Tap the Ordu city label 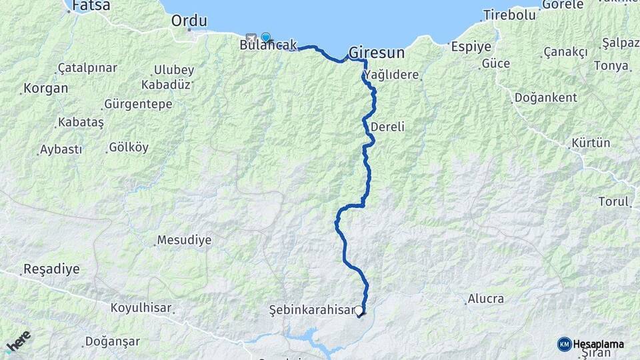(x=189, y=21)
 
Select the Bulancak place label (x=268, y=45)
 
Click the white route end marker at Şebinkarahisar (x=359, y=311)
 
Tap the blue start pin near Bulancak (x=265, y=37)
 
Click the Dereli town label (x=388, y=127)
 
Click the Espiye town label (x=471, y=47)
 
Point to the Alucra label (x=485, y=299)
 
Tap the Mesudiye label (x=183, y=240)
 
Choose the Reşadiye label (x=51, y=270)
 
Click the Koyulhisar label (x=141, y=309)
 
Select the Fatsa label (x=91, y=5)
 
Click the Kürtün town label (x=591, y=143)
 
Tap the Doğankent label (x=545, y=98)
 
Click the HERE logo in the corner (x=18, y=341)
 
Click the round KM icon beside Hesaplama (x=564, y=344)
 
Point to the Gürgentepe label (x=138, y=105)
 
